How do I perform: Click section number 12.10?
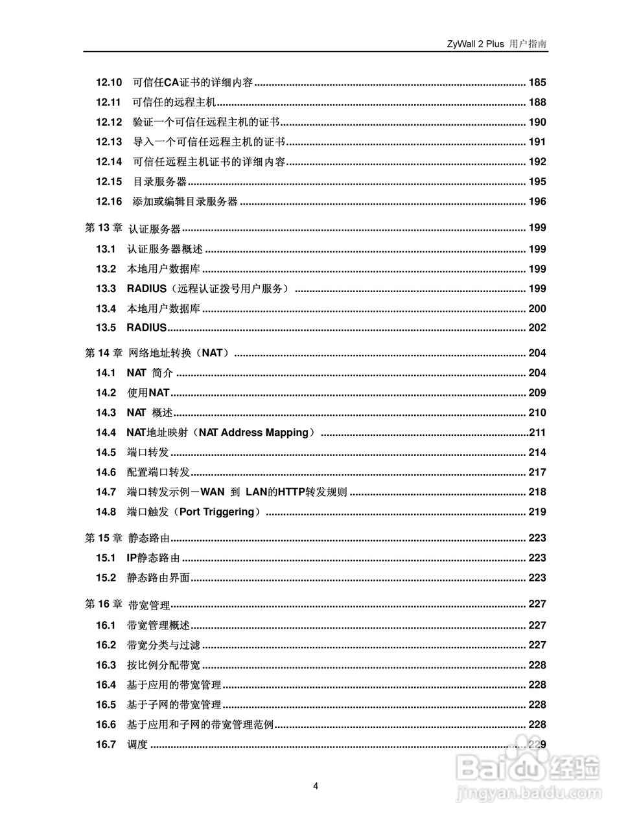click(109, 82)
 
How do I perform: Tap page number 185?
click(537, 82)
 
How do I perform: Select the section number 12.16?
click(109, 201)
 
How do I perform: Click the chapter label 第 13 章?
click(104, 228)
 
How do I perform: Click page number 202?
click(537, 328)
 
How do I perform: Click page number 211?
click(538, 433)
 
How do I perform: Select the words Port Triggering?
click(216, 512)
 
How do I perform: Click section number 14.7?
click(106, 492)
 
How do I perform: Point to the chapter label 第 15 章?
click(104, 538)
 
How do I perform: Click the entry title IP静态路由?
click(153, 558)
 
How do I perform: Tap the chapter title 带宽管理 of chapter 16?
click(148, 605)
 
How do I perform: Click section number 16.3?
click(106, 665)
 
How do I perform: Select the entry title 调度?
click(137, 745)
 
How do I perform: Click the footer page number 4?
click(316, 786)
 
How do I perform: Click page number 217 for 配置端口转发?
click(537, 472)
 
